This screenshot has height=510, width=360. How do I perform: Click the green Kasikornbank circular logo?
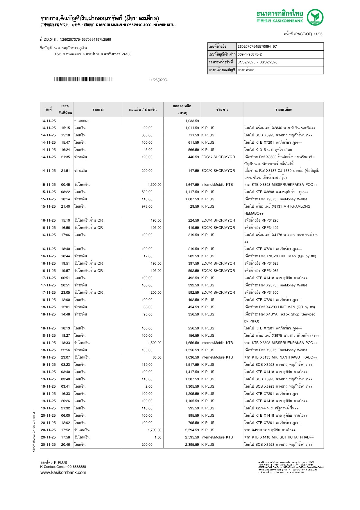315,17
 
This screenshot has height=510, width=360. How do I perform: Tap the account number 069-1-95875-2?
250,54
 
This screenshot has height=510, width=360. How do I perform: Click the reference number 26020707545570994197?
257,47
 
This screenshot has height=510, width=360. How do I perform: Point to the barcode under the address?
83,79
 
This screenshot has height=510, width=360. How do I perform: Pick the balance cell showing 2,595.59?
192,437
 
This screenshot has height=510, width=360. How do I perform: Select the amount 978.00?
147,206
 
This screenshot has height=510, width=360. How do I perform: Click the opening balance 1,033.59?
192,121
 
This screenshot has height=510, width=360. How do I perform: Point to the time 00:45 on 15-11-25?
65,185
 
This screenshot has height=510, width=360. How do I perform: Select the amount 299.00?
147,171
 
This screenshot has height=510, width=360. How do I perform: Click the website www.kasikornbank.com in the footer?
63,472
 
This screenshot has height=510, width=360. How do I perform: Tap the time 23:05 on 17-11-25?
65,293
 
